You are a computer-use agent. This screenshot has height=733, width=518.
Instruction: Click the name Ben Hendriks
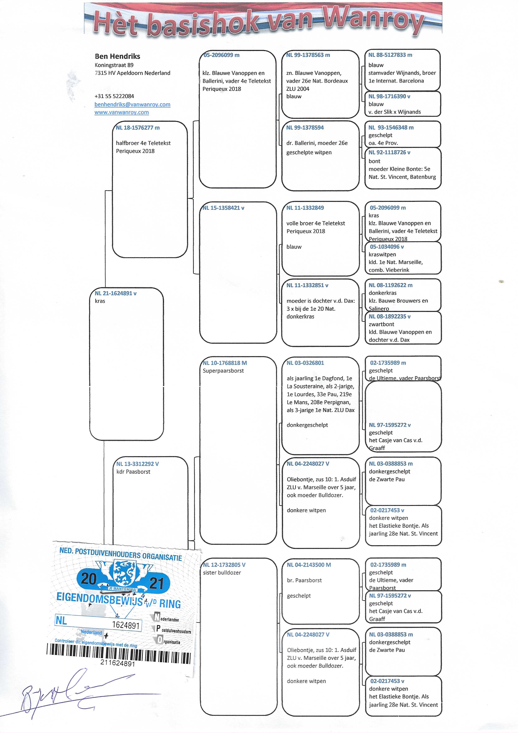pyautogui.click(x=117, y=56)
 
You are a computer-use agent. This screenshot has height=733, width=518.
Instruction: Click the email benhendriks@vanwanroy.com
pyautogui.click(x=132, y=104)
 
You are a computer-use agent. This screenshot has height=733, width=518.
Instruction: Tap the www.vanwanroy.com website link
pyautogui.click(x=122, y=112)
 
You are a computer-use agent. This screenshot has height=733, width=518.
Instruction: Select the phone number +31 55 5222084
pyautogui.click(x=114, y=96)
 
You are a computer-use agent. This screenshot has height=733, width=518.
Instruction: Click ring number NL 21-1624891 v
pyautogui.click(x=116, y=293)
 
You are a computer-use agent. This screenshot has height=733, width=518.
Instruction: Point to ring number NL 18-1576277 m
pyautogui.click(x=138, y=128)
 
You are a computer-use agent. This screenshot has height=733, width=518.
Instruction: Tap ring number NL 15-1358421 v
pyautogui.click(x=223, y=208)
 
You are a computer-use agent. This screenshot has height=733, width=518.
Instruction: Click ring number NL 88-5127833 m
pyautogui.click(x=390, y=55)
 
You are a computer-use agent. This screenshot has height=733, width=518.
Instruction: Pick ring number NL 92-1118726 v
pyautogui.click(x=389, y=152)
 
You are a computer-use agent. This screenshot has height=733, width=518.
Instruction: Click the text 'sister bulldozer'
pyautogui.click(x=222, y=572)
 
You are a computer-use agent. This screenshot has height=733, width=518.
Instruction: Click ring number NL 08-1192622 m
pyautogui.click(x=390, y=285)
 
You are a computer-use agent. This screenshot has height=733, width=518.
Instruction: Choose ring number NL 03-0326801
pyautogui.click(x=305, y=363)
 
